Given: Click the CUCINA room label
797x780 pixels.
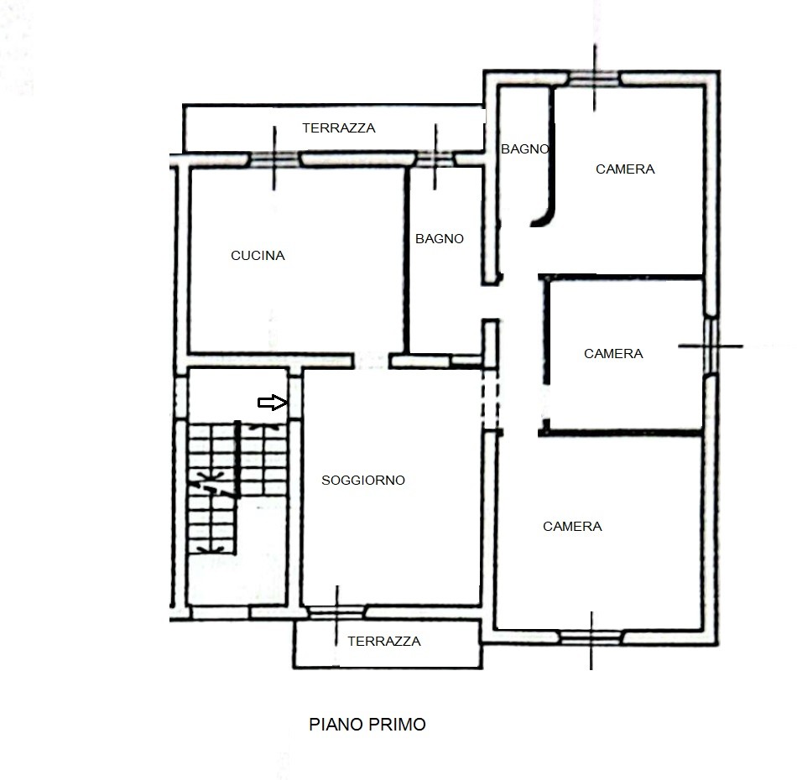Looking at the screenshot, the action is point(258,256).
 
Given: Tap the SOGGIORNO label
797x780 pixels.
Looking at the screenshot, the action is point(363,481).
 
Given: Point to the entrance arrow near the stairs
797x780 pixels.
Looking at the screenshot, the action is point(273,403).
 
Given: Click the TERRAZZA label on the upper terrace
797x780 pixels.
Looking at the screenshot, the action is point(339,128).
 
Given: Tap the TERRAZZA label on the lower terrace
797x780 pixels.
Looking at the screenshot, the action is point(384,642).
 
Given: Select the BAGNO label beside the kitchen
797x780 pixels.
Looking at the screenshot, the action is point(440,239).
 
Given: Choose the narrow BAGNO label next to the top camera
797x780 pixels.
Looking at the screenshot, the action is point(525,149).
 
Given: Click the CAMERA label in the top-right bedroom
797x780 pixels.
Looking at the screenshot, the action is point(625,169).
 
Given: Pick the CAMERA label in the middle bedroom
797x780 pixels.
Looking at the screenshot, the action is point(613,354).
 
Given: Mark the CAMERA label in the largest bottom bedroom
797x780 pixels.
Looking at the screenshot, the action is point(572,527).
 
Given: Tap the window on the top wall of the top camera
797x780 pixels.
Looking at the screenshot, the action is point(594,79).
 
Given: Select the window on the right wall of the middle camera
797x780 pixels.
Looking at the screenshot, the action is point(711,346).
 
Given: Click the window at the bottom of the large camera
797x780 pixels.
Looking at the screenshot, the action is point(591,637).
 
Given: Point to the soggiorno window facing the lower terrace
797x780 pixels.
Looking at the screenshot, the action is point(336,611).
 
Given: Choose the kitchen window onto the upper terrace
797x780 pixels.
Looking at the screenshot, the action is point(274,159).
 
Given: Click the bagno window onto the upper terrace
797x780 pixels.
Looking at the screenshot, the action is point(435,159).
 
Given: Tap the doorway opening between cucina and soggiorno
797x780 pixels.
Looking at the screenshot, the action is point(371,361).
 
